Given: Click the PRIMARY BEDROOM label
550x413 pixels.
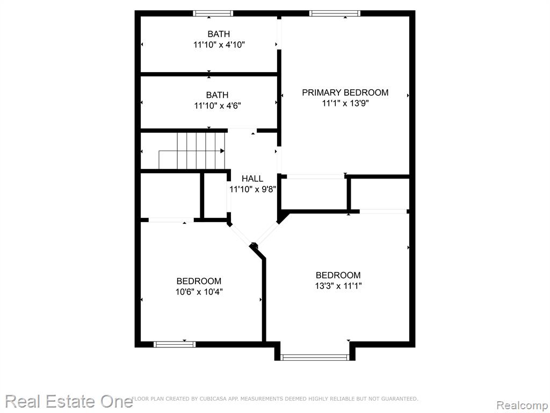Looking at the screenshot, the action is [x=345, y=92].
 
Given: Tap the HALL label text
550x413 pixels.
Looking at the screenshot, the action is [x=252, y=179].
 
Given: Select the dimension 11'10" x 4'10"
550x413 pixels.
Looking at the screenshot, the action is [x=219, y=45].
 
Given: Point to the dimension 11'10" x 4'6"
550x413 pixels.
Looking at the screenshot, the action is [x=218, y=105].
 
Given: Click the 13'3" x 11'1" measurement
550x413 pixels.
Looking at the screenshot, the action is [x=338, y=286].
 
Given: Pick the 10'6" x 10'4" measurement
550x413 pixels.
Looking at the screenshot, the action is [x=199, y=291].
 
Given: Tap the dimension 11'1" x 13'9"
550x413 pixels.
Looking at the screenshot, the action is [x=345, y=103].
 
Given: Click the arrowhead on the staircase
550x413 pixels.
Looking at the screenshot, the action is [x=222, y=151].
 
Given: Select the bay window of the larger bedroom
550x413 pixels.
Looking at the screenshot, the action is [x=315, y=358].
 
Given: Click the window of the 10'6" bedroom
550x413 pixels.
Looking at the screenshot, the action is [x=175, y=344].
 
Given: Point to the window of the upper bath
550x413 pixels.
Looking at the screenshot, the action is [x=213, y=13].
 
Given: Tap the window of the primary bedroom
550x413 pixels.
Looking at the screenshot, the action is [x=335, y=13].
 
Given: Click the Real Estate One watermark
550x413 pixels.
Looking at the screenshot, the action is [x=69, y=401].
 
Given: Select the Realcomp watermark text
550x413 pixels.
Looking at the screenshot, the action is [x=522, y=405].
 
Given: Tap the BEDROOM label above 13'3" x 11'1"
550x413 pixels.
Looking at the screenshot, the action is [x=338, y=275].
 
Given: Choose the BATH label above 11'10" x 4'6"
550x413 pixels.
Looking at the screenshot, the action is [x=217, y=95].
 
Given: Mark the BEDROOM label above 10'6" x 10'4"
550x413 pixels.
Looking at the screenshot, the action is [x=199, y=281].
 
